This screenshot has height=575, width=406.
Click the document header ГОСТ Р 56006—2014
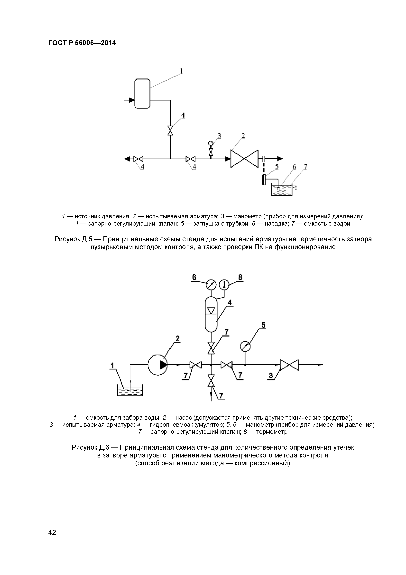click(82, 43)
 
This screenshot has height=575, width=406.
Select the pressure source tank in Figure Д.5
click(142, 93)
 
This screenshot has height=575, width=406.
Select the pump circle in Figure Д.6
click(158, 365)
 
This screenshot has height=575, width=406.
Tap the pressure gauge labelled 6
click(211, 285)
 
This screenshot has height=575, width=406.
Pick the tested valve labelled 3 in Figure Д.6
click(289, 365)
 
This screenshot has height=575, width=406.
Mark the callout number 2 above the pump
click(178, 339)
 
